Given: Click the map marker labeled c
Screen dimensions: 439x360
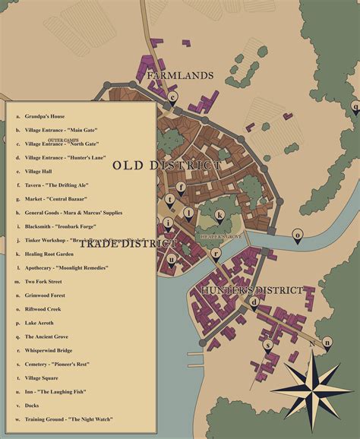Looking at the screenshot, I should [173, 97].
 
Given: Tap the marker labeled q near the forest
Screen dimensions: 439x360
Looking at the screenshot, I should [355, 108].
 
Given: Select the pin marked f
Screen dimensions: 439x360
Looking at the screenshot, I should [181, 187].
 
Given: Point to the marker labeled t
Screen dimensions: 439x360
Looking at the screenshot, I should [170, 200].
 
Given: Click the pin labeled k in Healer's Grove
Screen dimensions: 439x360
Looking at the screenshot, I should [219, 216].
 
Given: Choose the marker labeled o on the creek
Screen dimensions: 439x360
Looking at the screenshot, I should [297, 235].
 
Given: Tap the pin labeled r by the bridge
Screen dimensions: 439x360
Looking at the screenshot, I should [216, 254].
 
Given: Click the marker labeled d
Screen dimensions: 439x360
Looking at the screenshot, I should [255, 302].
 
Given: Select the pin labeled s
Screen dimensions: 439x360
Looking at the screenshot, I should [267, 344].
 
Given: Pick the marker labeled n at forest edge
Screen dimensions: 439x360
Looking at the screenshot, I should [327, 343].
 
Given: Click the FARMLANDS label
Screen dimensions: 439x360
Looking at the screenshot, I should [180, 76].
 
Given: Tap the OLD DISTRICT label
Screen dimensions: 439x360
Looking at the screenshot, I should [167, 165].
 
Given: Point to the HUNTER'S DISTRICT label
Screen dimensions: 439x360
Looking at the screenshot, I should [251, 290].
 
